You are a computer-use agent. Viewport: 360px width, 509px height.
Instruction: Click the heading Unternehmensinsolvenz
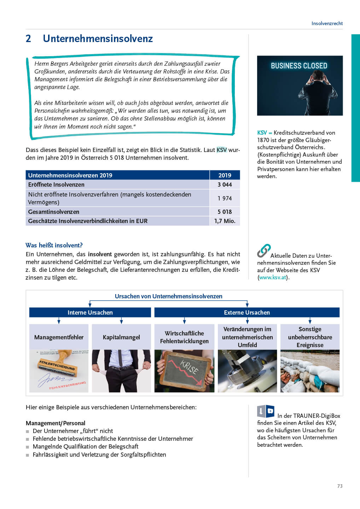pyautogui.click(x=98, y=39)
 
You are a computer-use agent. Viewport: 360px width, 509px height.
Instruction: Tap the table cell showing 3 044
pyautogui.click(x=225, y=185)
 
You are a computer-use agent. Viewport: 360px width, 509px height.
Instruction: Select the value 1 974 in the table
pyautogui.click(x=225, y=198)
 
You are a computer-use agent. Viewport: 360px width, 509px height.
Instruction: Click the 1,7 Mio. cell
pyautogui.click(x=225, y=221)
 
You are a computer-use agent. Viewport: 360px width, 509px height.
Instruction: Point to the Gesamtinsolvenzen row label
pyautogui.click(x=54, y=212)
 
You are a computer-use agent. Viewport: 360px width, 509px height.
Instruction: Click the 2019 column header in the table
pyautogui.click(x=225, y=175)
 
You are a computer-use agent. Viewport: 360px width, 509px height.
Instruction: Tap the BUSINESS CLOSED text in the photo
pyautogui.click(x=299, y=66)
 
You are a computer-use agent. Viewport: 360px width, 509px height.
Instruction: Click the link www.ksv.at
pyautogui.click(x=273, y=277)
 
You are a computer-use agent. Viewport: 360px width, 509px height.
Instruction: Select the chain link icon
pyautogui.click(x=263, y=251)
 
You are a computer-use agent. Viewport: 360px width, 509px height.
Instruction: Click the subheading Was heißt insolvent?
pyautogui.click(x=54, y=245)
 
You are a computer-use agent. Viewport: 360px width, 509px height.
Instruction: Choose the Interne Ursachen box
pyautogui.click(x=90, y=312)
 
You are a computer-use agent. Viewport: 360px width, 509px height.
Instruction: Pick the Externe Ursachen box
pyautogui.click(x=247, y=312)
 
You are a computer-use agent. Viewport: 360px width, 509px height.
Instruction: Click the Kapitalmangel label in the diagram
pyautogui.click(x=121, y=337)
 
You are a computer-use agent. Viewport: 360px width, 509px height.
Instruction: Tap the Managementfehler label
pyautogui.click(x=59, y=337)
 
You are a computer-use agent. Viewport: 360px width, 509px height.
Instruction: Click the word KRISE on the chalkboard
pyautogui.click(x=189, y=367)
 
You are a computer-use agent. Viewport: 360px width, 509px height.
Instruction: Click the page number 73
pyautogui.click(x=340, y=486)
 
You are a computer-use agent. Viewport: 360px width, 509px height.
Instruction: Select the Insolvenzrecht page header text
pyautogui.click(x=327, y=23)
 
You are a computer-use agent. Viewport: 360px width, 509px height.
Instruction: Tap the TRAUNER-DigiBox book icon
pyautogui.click(x=266, y=411)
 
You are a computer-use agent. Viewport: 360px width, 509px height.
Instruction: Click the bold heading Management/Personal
pyautogui.click(x=56, y=423)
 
